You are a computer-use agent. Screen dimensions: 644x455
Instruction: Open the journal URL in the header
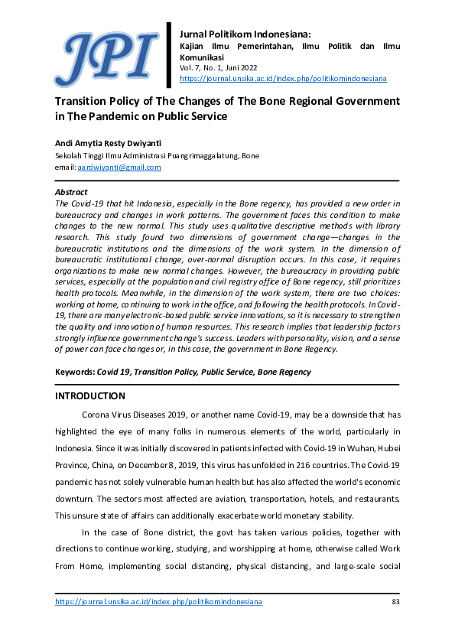coord(282,79)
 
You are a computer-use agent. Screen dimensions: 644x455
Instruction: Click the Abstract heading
coord(72,192)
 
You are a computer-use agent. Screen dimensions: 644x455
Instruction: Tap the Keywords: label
coord(74,372)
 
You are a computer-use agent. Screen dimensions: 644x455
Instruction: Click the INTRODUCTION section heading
coord(90,396)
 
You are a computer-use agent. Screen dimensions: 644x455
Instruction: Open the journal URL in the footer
coord(159,602)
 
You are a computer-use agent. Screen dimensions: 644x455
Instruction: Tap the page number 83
coord(395,602)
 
